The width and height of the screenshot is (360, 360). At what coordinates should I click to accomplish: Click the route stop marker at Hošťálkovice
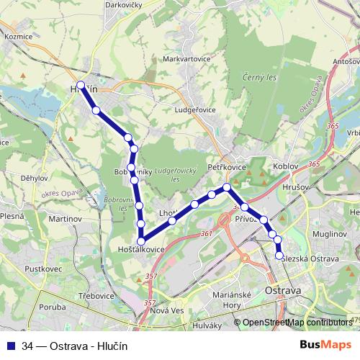pyautogui.click(x=141, y=241)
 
